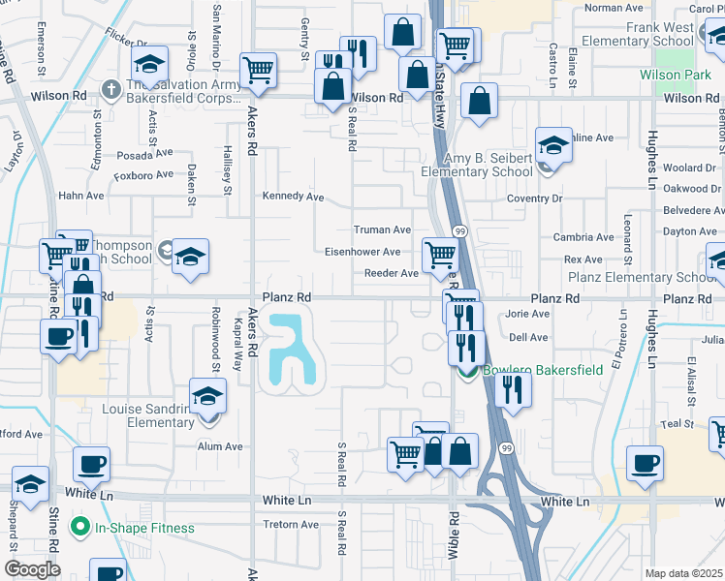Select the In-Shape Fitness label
(x=144, y=528)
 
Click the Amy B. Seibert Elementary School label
(x=476, y=165)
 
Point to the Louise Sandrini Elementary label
(x=148, y=415)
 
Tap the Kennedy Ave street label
(x=293, y=196)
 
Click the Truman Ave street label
(x=382, y=229)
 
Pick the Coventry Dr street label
(x=534, y=199)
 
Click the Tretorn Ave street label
(x=291, y=525)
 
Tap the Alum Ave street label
(x=220, y=446)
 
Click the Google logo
(x=32, y=568)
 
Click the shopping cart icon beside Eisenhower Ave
(x=440, y=256)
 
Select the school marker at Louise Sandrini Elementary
(x=207, y=397)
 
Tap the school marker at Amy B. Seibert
(x=553, y=146)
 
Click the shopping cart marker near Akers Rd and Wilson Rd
(x=258, y=69)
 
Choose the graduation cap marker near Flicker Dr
(x=149, y=64)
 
